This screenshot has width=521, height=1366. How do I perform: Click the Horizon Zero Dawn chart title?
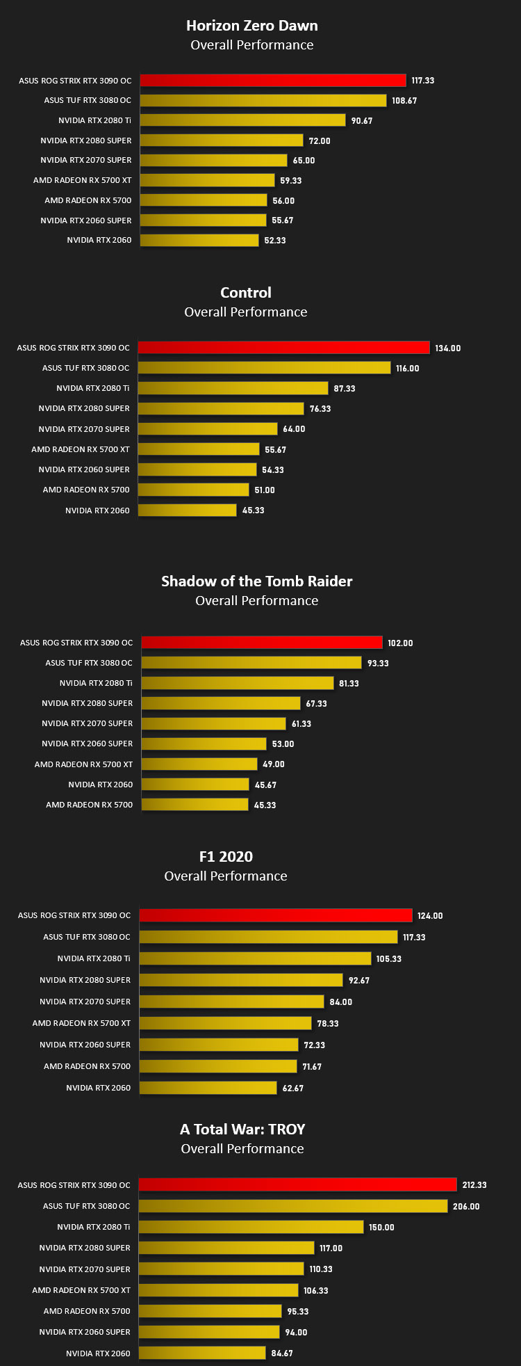click(x=252, y=26)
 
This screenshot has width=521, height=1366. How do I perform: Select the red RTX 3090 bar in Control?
click(x=283, y=348)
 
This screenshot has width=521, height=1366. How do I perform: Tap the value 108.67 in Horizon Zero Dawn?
click(x=404, y=101)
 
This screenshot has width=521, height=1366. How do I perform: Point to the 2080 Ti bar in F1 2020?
click(x=255, y=958)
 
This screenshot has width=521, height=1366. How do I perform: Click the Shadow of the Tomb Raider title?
click(x=257, y=581)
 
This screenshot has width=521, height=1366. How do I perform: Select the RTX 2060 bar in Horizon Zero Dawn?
click(x=199, y=240)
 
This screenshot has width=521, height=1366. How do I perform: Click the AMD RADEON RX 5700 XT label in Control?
click(x=81, y=449)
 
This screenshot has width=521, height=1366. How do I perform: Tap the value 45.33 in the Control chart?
click(x=254, y=511)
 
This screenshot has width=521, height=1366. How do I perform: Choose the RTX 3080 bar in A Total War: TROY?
click(x=293, y=1206)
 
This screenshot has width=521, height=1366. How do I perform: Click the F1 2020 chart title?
click(x=226, y=857)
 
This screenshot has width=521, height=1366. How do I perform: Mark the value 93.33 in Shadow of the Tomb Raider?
click(x=379, y=664)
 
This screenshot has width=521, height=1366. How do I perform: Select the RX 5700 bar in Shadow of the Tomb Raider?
click(x=195, y=805)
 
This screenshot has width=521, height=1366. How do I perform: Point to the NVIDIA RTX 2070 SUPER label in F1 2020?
click(x=85, y=1002)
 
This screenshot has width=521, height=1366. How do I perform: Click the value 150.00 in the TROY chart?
click(x=381, y=1228)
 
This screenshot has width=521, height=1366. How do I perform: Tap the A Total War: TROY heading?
click(x=242, y=1130)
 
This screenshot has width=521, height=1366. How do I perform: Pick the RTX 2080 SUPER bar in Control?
click(x=221, y=408)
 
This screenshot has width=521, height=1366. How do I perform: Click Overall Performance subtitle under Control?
click(x=246, y=312)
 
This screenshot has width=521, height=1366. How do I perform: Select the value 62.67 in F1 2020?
click(x=293, y=1088)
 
